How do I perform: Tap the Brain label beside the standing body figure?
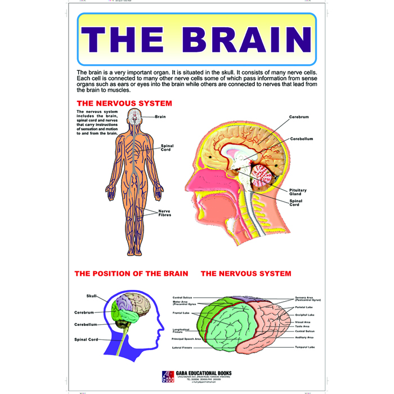(161, 117)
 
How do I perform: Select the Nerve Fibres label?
(164, 213)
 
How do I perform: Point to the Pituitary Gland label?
(298, 192)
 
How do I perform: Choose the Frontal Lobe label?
(181, 314)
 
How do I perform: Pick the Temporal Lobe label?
(305, 347)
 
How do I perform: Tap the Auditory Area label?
(305, 338)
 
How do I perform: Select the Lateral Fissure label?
(182, 348)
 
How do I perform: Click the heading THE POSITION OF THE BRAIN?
(131, 274)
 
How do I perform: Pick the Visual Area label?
(302, 322)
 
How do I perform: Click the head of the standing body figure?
(136, 117)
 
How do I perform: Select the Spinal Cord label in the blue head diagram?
(86, 339)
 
